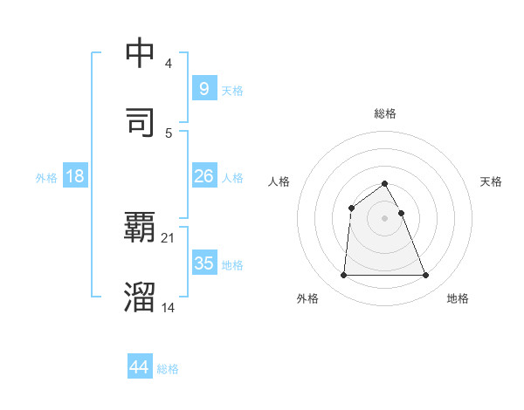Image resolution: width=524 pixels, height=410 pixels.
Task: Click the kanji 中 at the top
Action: click(140, 53)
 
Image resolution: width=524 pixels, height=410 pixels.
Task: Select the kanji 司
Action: click(140, 121)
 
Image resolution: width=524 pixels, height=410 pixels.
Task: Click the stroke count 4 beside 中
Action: click(169, 65)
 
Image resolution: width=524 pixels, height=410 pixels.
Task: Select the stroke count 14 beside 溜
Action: click(169, 307)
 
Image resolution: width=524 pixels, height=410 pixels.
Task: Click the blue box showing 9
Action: click(203, 88)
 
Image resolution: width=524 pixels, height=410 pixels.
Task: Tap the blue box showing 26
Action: click(203, 176)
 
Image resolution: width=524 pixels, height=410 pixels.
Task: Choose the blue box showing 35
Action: click(203, 263)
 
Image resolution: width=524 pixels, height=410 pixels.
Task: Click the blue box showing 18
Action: click(75, 176)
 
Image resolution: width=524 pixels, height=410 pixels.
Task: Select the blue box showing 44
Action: click(140, 367)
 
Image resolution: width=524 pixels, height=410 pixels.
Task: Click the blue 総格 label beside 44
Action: click(168, 369)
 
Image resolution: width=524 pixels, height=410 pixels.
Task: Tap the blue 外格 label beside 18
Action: click(45, 178)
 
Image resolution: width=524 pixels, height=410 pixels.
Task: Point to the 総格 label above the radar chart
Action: click(385, 113)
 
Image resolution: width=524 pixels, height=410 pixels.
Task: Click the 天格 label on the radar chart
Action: click(491, 181)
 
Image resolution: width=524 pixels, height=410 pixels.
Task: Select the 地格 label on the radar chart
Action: click(458, 299)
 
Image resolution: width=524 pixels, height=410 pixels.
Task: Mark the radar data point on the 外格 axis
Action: click(343, 276)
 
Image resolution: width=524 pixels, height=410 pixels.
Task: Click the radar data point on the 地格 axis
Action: click(426, 276)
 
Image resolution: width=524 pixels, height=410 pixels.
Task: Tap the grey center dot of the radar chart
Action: click(385, 218)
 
